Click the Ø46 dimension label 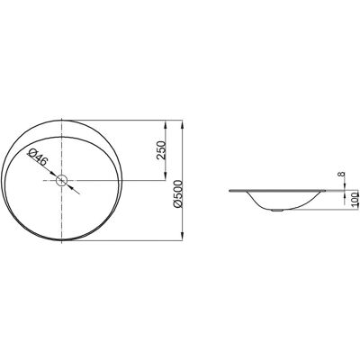point(37,158)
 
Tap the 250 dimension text point(161,150)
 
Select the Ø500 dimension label point(178,193)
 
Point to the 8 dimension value point(342,174)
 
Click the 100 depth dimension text point(355,201)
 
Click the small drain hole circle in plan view point(61,180)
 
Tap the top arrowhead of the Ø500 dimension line point(182,123)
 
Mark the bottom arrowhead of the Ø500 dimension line point(182,237)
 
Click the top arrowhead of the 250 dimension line point(165,123)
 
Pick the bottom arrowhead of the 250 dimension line point(165,176)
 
